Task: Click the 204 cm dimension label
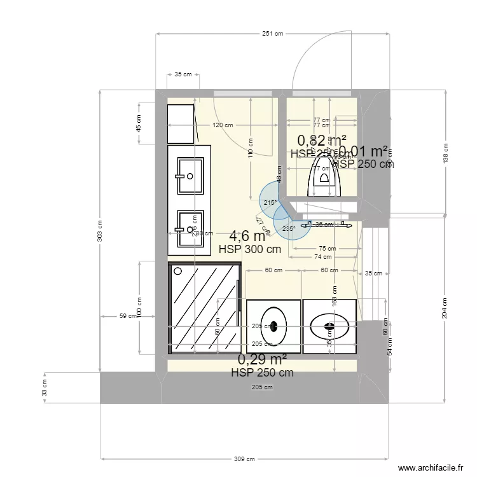445,308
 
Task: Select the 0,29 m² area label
262,361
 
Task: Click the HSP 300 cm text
249,250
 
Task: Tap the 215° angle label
270,203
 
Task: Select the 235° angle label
287,229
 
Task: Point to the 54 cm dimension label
391,346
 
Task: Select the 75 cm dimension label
328,249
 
